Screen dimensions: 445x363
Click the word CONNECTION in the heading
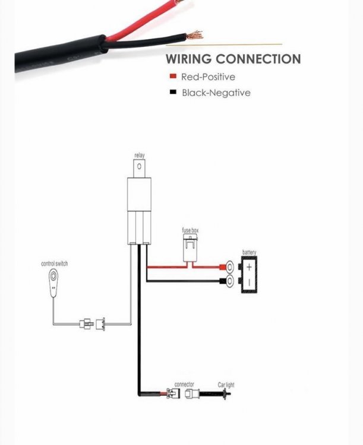pos(258,59)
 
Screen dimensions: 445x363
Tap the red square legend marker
pos(172,77)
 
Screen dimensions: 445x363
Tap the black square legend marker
pos(172,93)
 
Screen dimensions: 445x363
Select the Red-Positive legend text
pos(208,77)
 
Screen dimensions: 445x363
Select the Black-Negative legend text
pos(216,93)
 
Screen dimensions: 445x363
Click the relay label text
pos(139,155)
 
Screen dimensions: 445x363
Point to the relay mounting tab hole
pos(139,168)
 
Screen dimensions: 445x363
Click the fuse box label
pos(190,230)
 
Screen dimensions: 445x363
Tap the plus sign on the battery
pos(250,266)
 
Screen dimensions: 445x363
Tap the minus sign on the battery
pos(250,282)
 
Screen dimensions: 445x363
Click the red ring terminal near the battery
pos(228,266)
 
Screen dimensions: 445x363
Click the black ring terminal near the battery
pos(228,281)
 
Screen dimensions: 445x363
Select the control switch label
pos(54,263)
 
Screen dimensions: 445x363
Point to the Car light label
pos(226,385)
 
